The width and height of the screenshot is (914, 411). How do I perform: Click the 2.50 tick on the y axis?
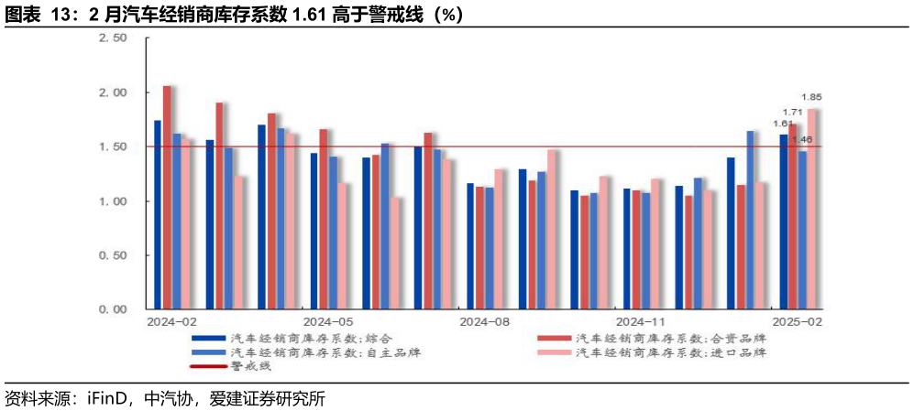[113, 38]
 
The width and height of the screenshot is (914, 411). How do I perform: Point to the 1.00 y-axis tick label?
[113, 201]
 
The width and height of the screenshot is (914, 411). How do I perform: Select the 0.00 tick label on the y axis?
[113, 309]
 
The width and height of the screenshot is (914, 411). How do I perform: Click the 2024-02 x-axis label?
[171, 322]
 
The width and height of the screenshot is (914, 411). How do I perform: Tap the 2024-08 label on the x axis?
[484, 322]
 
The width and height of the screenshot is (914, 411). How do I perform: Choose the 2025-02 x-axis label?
[797, 322]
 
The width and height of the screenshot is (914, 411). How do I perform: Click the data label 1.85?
[811, 97]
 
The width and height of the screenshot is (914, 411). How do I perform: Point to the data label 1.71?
[793, 112]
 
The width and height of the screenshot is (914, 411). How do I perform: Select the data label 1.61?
[782, 124]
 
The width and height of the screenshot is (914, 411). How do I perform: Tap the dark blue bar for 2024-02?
[158, 215]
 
